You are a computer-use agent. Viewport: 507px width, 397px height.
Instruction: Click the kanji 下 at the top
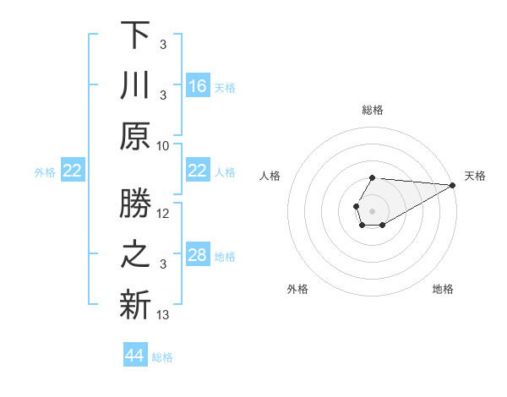pos(136,35)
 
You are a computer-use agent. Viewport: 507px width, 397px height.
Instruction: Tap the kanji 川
pos(136,86)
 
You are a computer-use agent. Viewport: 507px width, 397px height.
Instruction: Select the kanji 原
pos(136,137)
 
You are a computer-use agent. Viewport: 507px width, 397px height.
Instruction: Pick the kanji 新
pos(136,306)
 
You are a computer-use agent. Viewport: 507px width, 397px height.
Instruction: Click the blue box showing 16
pos(198,86)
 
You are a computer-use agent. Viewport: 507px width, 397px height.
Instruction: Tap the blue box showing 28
pos(198,255)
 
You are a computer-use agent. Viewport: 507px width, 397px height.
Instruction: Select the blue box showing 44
pos(135,356)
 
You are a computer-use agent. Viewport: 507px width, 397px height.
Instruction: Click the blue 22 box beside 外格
pos(72,171)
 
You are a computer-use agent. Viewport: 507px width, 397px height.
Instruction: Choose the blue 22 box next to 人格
pos(198,171)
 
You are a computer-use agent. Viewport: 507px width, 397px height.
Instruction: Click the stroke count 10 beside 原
pos(163,146)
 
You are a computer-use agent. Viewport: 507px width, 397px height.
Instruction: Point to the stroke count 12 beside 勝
pos(163,214)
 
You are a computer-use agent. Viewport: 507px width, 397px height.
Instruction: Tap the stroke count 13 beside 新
pos(163,315)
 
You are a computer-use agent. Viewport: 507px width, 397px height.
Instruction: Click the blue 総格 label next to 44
pos(162,357)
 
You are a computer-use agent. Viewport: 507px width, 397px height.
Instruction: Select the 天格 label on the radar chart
pos(475,176)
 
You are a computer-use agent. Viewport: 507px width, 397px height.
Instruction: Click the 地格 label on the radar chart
pos(443,289)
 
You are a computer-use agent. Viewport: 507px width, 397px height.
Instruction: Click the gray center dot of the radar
pos(372,210)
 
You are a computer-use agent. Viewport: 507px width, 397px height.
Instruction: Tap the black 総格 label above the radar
pos(373,110)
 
